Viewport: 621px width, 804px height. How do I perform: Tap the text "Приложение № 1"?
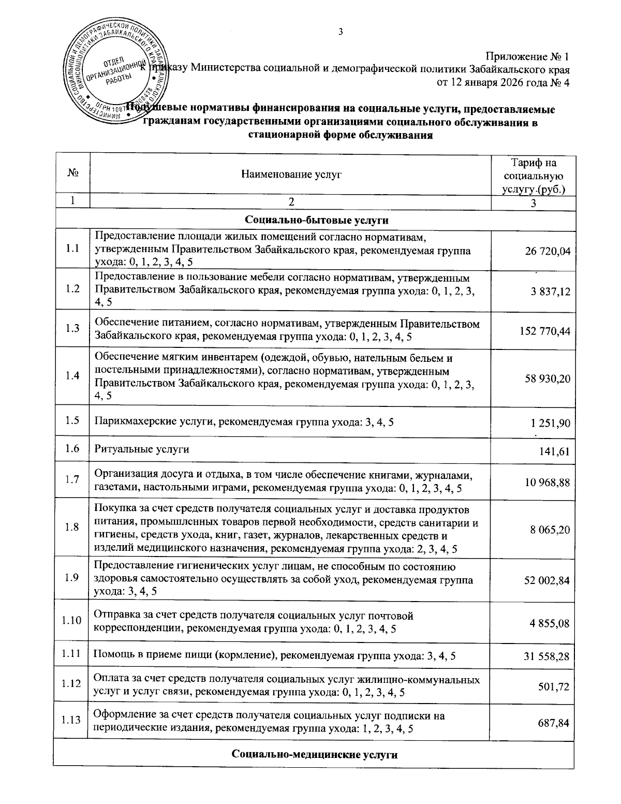pyautogui.click(x=527, y=56)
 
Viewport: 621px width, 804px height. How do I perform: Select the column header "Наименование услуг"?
pyautogui.click(x=291, y=175)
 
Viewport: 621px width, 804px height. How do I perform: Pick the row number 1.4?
pyautogui.click(x=72, y=376)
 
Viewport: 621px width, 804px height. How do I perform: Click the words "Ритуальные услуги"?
pyautogui.click(x=141, y=449)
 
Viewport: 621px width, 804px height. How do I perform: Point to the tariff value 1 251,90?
pyautogui.click(x=550, y=423)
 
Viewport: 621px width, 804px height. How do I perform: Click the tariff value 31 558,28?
pyautogui.click(x=546, y=656)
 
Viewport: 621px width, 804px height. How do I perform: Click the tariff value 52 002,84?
pyautogui.click(x=546, y=581)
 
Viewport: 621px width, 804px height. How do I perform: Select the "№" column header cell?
pyautogui.click(x=72, y=175)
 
